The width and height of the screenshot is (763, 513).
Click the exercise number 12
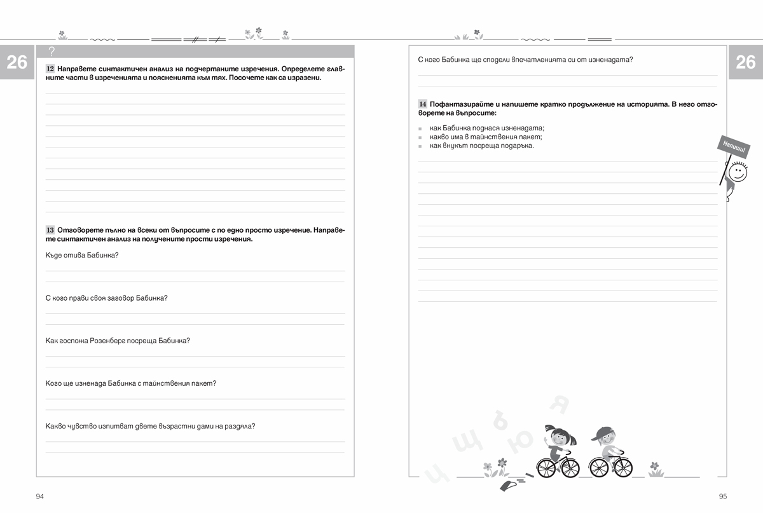click(x=50, y=69)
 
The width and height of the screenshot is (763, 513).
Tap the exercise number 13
click(x=50, y=229)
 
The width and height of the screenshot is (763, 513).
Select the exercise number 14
click(x=422, y=104)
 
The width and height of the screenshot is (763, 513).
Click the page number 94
click(x=40, y=496)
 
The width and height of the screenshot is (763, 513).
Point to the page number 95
click(x=722, y=496)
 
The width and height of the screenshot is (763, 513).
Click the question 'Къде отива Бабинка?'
click(x=82, y=255)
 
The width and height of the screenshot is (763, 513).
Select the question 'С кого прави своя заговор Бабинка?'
click(x=107, y=298)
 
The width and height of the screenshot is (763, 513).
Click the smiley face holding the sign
click(x=736, y=173)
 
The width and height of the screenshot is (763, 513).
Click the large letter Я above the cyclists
click(x=560, y=403)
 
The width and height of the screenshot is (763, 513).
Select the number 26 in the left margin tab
click(x=17, y=62)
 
